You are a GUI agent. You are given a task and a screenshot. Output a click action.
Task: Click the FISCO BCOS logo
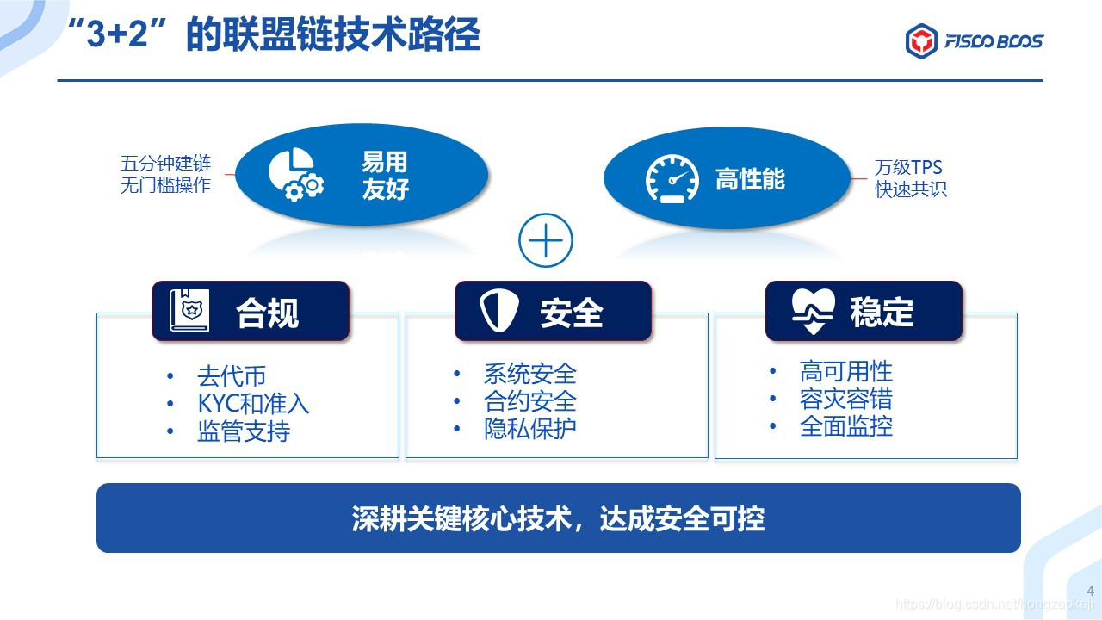click(x=974, y=41)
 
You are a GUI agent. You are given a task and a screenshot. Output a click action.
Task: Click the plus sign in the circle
click(x=546, y=240)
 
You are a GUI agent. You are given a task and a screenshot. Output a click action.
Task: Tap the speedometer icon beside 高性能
click(x=672, y=179)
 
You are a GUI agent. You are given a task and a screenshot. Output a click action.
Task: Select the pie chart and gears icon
click(x=294, y=175)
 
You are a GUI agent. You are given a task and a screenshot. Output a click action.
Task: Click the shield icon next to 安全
click(x=499, y=311)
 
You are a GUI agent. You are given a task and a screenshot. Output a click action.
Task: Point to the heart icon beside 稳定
click(x=813, y=311)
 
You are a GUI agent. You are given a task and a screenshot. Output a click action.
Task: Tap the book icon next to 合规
click(x=189, y=311)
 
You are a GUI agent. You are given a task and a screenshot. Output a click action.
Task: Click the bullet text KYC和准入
click(x=253, y=404)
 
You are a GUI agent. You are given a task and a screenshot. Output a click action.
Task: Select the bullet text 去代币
click(x=232, y=376)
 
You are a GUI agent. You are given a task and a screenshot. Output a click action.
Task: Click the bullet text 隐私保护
click(x=530, y=429)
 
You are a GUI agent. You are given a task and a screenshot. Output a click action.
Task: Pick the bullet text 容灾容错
click(x=845, y=399)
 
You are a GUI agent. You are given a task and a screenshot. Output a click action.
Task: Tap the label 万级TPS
click(x=908, y=168)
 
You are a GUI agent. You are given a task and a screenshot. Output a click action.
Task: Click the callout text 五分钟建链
click(x=165, y=164)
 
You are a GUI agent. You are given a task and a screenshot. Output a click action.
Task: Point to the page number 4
click(x=1090, y=591)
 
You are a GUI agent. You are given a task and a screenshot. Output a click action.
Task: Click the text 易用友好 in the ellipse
click(x=385, y=176)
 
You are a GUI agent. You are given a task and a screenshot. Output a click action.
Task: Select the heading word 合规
click(x=267, y=313)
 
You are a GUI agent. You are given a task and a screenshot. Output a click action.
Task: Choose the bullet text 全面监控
click(x=845, y=426)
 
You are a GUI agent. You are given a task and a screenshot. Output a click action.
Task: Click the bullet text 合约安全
click(x=530, y=401)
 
